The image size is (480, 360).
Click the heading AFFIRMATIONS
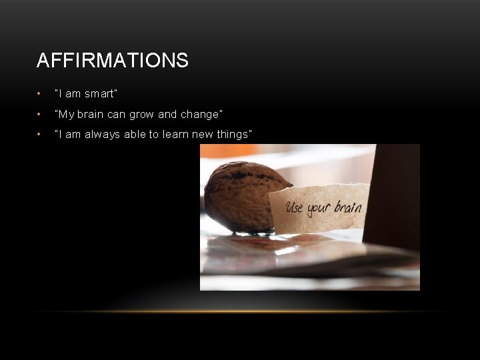[113, 61]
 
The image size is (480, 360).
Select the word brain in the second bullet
[91, 115]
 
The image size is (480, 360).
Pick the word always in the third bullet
[100, 135]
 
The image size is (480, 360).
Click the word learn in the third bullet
[175, 135]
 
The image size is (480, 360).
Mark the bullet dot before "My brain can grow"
[41, 115]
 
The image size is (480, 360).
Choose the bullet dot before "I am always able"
[41, 135]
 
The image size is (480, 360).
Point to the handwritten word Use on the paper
[295, 207]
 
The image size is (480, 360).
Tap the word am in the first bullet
[73, 94]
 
